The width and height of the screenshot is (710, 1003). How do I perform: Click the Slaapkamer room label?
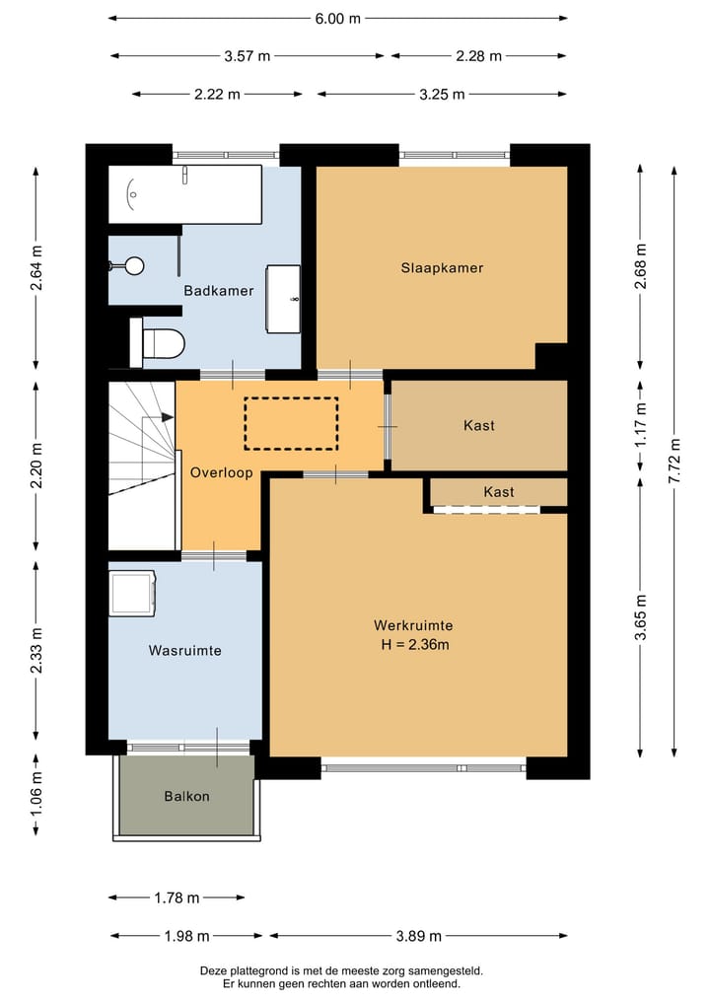[x=442, y=268]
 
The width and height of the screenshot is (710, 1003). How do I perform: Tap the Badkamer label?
[x=219, y=290]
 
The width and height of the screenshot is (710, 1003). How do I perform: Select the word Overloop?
[x=221, y=473]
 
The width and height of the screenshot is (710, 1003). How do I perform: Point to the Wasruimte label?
[x=184, y=651]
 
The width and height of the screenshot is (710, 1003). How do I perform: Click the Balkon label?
[x=186, y=797]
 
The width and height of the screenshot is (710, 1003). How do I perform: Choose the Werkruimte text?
[x=413, y=625]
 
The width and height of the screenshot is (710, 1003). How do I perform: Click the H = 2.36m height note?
[x=415, y=645]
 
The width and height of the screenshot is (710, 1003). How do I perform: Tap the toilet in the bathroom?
[x=158, y=343]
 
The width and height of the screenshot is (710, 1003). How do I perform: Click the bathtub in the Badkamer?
[x=184, y=194]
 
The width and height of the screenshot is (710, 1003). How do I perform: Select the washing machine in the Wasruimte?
[x=132, y=593]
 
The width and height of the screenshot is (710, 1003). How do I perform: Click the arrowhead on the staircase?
[x=168, y=417]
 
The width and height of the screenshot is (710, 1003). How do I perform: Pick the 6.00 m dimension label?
[x=337, y=19]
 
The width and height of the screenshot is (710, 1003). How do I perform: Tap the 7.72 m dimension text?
[x=674, y=460]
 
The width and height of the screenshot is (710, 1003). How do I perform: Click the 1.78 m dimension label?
[x=177, y=898]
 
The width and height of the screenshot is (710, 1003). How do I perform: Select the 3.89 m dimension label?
[x=419, y=937]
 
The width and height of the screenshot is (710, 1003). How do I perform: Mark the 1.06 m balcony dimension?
[x=36, y=794]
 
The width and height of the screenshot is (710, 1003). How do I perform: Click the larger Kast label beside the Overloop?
[x=479, y=425]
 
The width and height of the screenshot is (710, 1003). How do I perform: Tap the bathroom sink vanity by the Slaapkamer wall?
[x=283, y=299]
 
